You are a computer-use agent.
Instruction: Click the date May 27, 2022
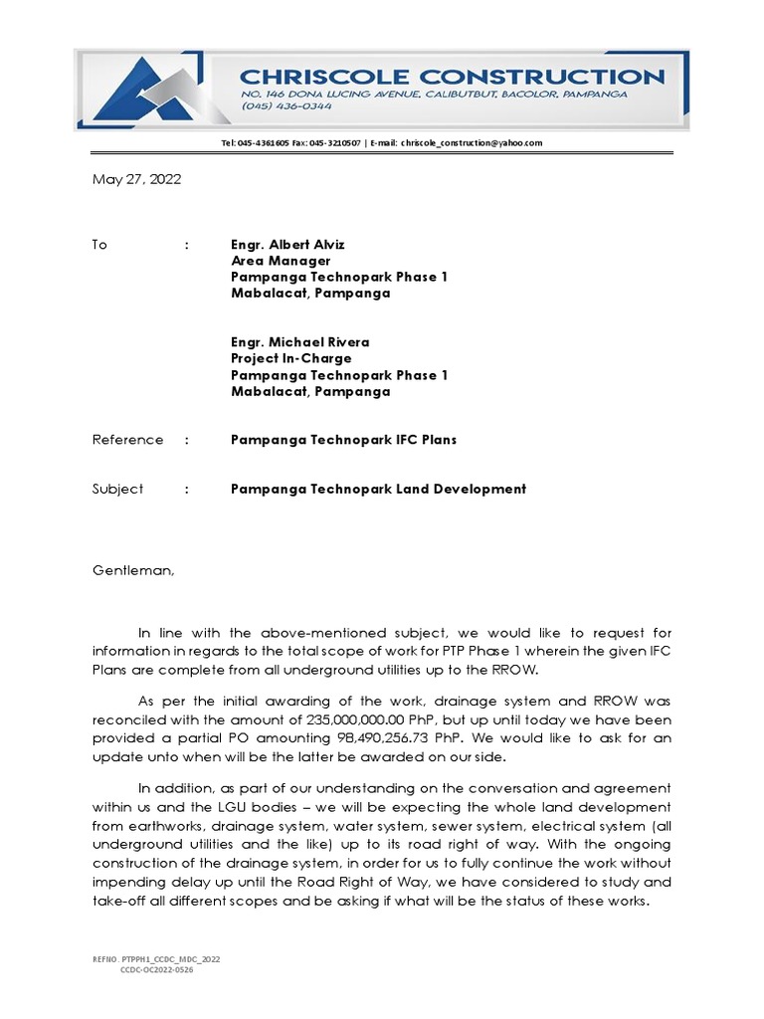tap(137, 180)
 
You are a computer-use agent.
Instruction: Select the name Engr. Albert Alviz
tap(288, 245)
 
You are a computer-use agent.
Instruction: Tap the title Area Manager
tap(280, 261)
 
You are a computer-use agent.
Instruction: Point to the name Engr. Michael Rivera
tap(299, 342)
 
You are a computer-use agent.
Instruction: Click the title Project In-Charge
tap(290, 358)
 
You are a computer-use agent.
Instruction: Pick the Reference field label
tap(127, 440)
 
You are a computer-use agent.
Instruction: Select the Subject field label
tap(118, 489)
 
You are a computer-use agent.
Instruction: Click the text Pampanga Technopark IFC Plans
tap(343, 440)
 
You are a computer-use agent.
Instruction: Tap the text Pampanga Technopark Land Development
tap(378, 489)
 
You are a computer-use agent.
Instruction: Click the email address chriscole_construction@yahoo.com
tap(472, 143)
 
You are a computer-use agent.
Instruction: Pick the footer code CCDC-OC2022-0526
tap(156, 969)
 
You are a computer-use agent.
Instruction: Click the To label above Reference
tap(99, 245)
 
